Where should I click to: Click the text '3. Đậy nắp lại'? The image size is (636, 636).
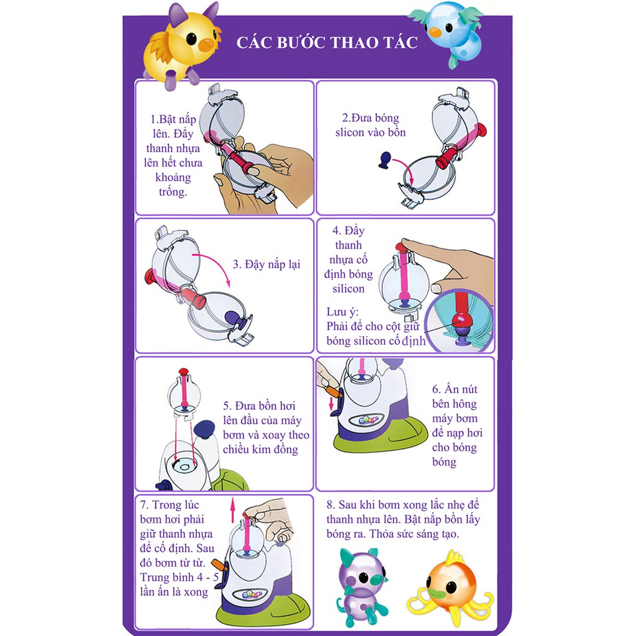[x=266, y=265]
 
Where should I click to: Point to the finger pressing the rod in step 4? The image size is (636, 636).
[x=447, y=261]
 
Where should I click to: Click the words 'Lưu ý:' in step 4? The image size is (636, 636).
[x=342, y=311]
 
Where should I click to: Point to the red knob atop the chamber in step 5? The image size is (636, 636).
[x=183, y=372]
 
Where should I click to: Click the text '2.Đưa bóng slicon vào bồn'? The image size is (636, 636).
[x=371, y=125]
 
